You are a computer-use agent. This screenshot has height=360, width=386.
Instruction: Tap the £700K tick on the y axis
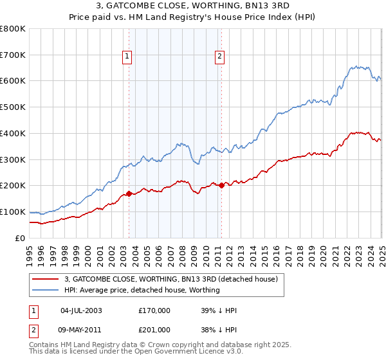click(13, 55)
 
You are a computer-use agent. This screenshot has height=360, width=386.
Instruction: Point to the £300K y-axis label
click(13, 159)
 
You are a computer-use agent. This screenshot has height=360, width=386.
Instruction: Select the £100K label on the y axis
click(13, 212)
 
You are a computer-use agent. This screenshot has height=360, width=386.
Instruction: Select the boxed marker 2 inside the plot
click(220, 57)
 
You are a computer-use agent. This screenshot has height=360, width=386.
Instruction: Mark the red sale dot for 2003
click(129, 193)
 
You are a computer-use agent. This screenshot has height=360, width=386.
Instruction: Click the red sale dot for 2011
click(221, 185)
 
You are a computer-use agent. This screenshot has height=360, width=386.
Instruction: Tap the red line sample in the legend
click(46, 280)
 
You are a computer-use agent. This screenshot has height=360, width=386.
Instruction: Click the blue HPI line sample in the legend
click(46, 290)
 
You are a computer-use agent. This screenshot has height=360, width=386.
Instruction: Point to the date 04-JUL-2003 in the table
click(81, 310)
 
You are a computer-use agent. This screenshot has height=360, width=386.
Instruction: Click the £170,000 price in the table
click(154, 310)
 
